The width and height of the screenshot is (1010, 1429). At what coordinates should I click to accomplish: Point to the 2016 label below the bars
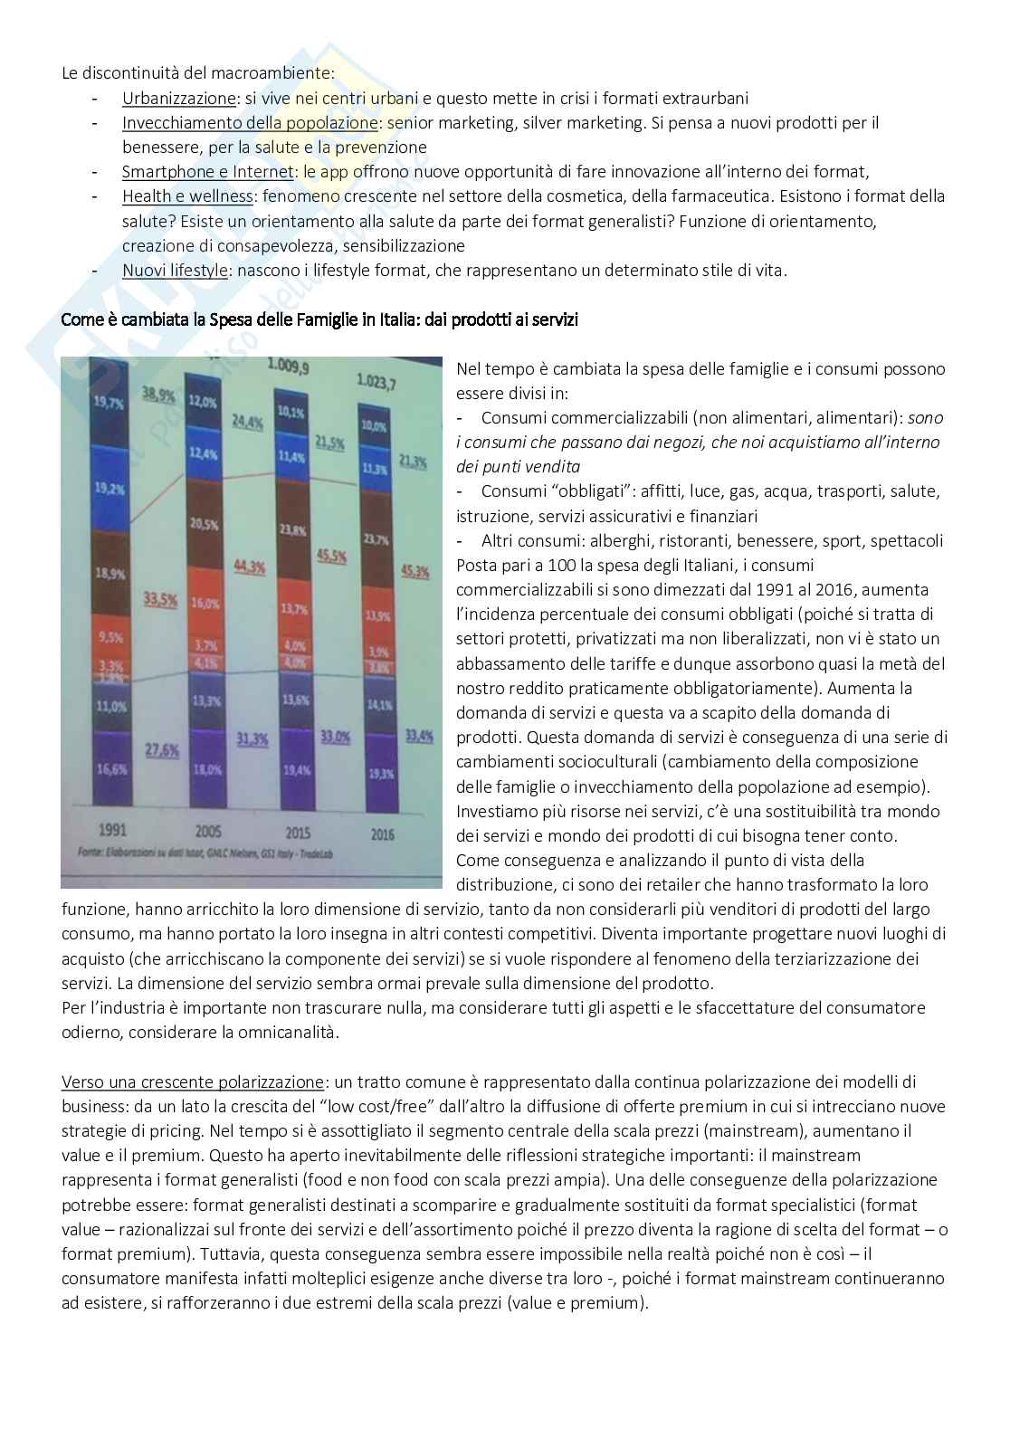click(x=382, y=834)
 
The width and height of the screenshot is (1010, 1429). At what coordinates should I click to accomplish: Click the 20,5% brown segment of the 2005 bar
click(x=205, y=525)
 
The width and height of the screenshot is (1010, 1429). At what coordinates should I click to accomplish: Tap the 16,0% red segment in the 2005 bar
click(x=205, y=604)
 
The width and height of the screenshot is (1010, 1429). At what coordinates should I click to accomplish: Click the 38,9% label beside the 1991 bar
click(x=159, y=393)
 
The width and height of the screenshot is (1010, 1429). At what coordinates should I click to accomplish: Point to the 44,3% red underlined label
click(x=249, y=567)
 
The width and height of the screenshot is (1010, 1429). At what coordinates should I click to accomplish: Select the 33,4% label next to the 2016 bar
click(x=419, y=737)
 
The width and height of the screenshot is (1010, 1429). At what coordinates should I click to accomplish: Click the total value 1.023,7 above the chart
click(x=376, y=381)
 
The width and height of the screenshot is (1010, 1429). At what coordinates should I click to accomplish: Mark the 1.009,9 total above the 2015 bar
click(x=289, y=367)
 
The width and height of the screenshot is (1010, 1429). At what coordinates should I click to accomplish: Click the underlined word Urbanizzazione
click(x=179, y=99)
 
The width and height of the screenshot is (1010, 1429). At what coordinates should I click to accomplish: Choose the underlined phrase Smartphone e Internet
click(x=208, y=172)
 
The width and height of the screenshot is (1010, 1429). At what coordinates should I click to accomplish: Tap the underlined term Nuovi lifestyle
click(x=175, y=270)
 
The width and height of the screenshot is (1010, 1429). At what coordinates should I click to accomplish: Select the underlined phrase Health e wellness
click(x=188, y=196)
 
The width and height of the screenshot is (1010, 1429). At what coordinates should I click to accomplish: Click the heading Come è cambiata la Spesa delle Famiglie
click(x=319, y=319)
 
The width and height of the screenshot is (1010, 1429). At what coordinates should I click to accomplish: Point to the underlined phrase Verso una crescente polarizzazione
click(x=192, y=1081)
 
